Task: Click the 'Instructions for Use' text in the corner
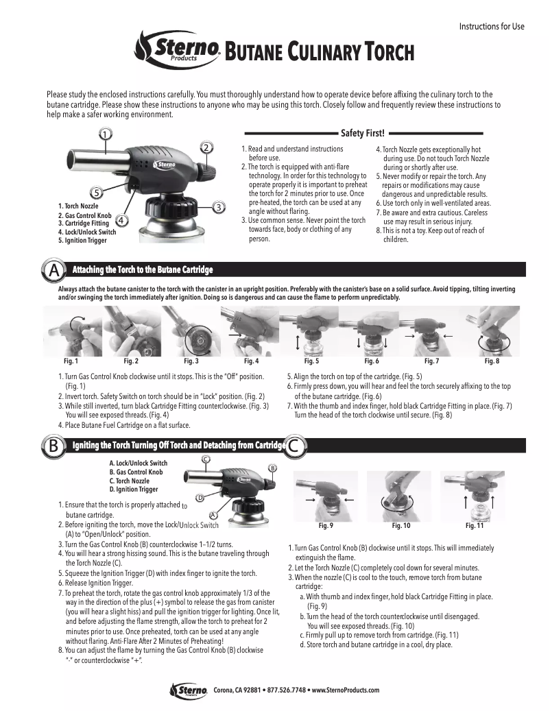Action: point(491,27)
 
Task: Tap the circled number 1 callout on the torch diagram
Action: point(105,134)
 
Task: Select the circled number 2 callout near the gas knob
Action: point(206,147)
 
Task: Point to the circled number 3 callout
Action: point(217,206)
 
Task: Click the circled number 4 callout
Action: point(121,220)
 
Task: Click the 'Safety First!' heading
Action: point(363,133)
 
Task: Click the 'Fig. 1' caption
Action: point(71,361)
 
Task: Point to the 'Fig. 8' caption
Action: point(492,361)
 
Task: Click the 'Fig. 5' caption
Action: point(311,361)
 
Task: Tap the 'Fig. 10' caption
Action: point(401,526)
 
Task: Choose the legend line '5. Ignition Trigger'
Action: point(82,241)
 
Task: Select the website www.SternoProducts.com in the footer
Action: point(346,690)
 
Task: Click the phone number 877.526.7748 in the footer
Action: point(287,690)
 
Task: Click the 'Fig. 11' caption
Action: point(475,526)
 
